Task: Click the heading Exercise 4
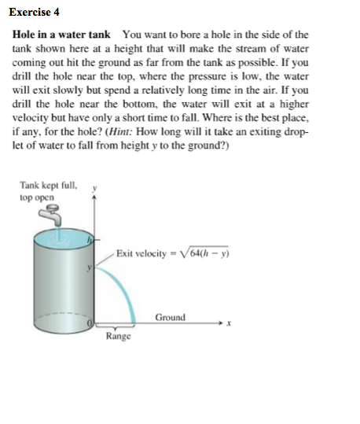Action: tap(36, 13)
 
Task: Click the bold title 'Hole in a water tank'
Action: tap(61, 35)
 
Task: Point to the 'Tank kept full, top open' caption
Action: tap(49, 191)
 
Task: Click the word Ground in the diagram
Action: tap(170, 317)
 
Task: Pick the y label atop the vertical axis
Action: tap(95, 189)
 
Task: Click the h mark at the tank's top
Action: tap(90, 239)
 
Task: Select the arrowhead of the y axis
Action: tap(95, 200)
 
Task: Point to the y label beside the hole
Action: tap(90, 267)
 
